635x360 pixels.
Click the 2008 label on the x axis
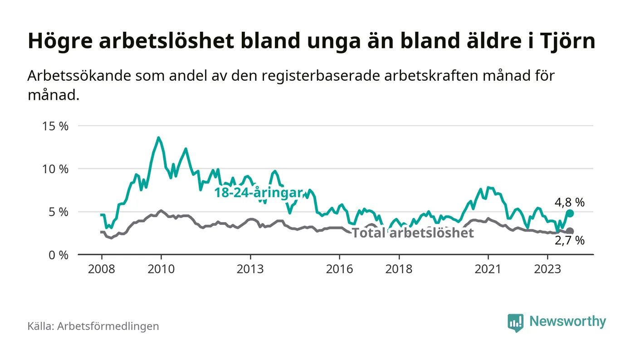coord(101,269)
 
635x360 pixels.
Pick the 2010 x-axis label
coord(161,269)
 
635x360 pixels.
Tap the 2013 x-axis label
coord(250,269)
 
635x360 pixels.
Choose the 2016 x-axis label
coord(340,269)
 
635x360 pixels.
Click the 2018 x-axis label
coord(399,269)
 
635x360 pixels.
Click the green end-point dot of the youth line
coord(570,213)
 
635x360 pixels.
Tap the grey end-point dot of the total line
coord(570,231)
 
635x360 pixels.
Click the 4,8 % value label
coord(570,203)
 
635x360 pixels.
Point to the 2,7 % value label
coord(570,241)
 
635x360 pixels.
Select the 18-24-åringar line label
coord(259,193)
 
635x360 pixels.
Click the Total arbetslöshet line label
coord(413,233)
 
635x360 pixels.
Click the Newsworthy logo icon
coord(516,322)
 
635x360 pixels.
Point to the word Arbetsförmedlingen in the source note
coord(108,326)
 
